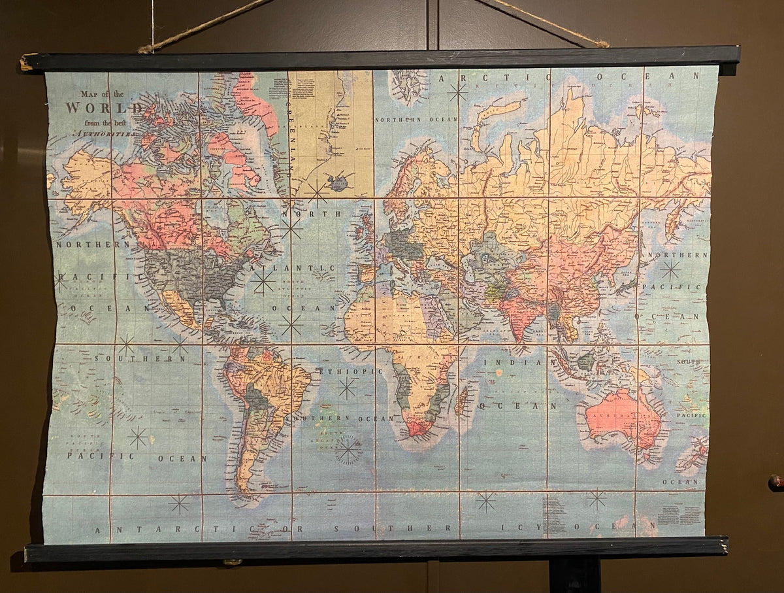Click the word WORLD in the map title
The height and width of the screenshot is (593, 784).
click(x=104, y=109)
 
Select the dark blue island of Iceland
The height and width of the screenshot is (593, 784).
click(x=338, y=182)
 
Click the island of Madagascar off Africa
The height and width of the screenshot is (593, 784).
click(x=462, y=401)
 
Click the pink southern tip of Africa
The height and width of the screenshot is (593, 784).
click(x=419, y=428)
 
